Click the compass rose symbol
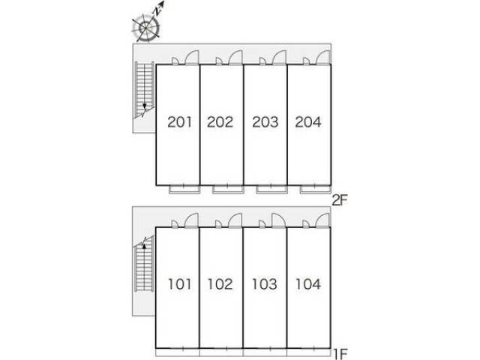pyautogui.click(x=146, y=28)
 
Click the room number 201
pyautogui.click(x=180, y=121)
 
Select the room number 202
pyautogui.click(x=220, y=121)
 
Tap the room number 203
pyautogui.click(x=265, y=121)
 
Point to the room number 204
pyautogui.click(x=308, y=121)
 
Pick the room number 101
pyautogui.click(x=180, y=284)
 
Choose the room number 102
pyautogui.click(x=220, y=284)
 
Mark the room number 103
pyautogui.click(x=265, y=284)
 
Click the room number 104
pyautogui.click(x=308, y=284)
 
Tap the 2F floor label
pyautogui.click(x=340, y=201)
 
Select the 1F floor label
pyautogui.click(x=340, y=355)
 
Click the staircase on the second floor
pyautogui.click(x=144, y=89)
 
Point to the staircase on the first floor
pyautogui.click(x=144, y=264)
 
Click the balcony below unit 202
pyautogui.click(x=228, y=189)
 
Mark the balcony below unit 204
pyautogui.click(x=316, y=189)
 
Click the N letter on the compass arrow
pyautogui.click(x=157, y=12)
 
